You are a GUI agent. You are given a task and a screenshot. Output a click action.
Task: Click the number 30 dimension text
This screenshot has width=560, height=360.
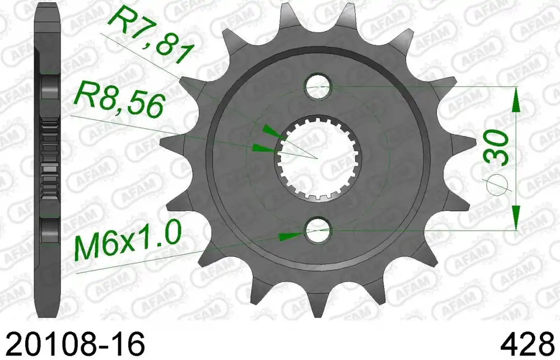point(496,147)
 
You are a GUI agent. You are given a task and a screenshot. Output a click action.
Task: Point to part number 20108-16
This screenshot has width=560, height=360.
point(76,344)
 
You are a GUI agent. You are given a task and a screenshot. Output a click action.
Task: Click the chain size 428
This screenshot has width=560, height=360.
point(530,344)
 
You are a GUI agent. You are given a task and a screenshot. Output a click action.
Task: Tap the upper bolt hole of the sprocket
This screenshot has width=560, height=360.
point(318,86)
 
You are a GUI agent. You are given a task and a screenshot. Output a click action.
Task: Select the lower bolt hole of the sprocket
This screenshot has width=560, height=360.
point(318,230)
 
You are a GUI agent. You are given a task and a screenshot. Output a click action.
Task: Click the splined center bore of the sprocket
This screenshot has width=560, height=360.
point(318,157)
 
